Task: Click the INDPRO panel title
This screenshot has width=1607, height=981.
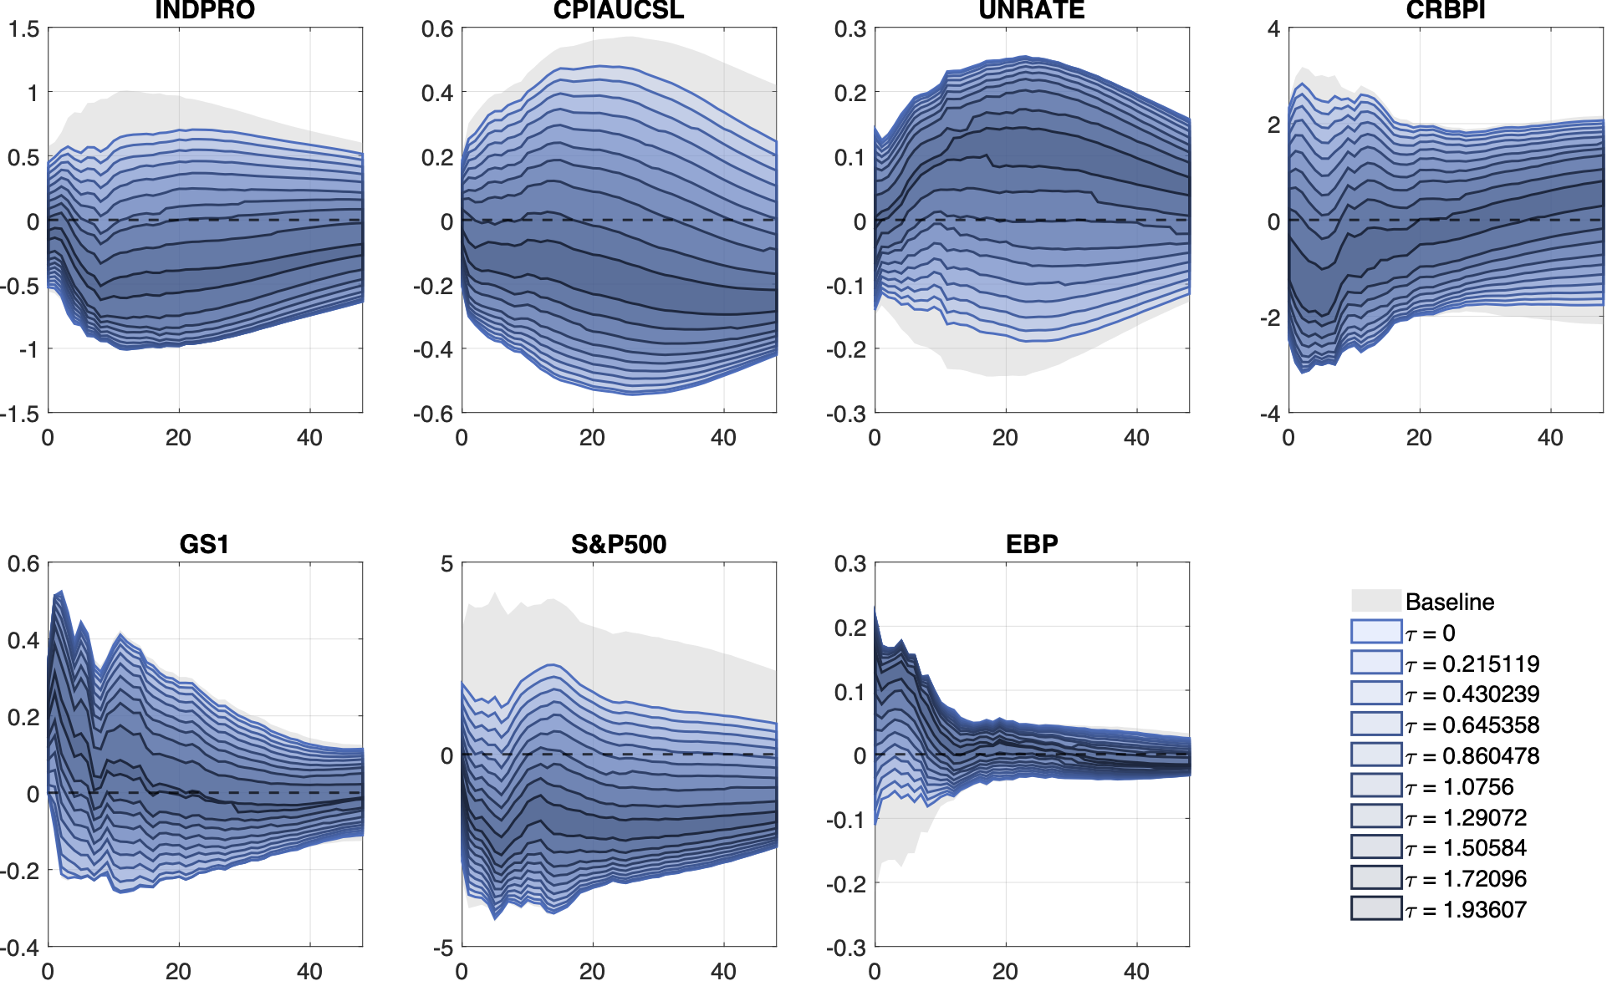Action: coord(205,10)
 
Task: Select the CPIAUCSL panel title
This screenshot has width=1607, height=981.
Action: coord(619,10)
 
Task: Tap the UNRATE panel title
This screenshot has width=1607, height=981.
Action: coord(1032,10)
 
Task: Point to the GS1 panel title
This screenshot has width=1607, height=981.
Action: coord(205,544)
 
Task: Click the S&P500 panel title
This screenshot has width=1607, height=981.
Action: coord(619,544)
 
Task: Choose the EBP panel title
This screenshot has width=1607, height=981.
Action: coord(1032,544)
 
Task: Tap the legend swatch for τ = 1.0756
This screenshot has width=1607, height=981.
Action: coord(1376,785)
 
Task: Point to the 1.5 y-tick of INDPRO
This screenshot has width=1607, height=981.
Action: coord(23,30)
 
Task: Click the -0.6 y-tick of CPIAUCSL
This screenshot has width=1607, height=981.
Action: coord(434,414)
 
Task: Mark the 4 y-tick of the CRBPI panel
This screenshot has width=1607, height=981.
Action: coord(1273,30)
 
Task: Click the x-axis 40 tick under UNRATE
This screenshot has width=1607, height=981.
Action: coord(1136,437)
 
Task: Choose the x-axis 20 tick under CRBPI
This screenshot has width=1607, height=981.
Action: coord(1419,437)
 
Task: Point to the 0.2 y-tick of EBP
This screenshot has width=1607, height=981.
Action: coord(850,628)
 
